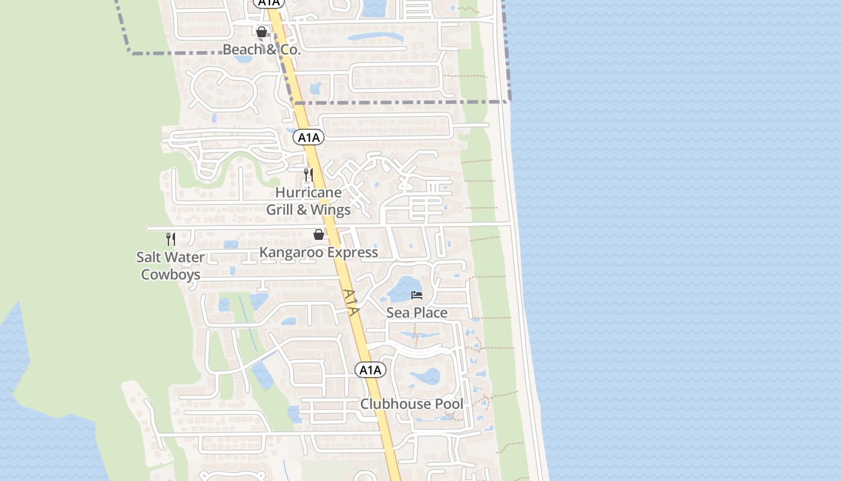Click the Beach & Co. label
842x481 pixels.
tap(261, 49)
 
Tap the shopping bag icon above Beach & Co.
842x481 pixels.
tap(262, 32)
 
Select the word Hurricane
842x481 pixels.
tap(309, 193)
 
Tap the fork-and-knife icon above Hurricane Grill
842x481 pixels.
tap(308, 175)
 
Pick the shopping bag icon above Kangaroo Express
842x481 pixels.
tap(319, 234)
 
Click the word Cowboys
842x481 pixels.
tap(170, 275)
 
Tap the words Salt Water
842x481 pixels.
tap(170, 257)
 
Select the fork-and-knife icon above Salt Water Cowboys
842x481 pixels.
tap(171, 239)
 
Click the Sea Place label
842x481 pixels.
tap(417, 313)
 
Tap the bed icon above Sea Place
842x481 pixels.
tap(417, 295)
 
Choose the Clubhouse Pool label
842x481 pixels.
tap(412, 404)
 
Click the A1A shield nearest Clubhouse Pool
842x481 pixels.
tap(370, 370)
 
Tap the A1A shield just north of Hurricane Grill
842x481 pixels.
tap(309, 138)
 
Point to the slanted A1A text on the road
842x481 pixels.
tap(352, 302)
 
